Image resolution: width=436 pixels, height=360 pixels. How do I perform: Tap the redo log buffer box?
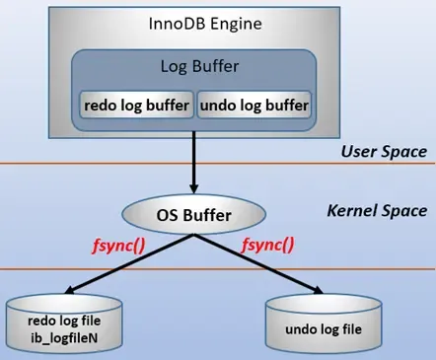coord(135,103)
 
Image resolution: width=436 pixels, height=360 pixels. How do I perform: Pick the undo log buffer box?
coord(254,103)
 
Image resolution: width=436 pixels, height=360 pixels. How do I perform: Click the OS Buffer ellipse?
coord(193,211)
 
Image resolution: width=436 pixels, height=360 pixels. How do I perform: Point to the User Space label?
coord(383,152)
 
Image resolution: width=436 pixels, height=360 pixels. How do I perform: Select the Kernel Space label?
coord(376,210)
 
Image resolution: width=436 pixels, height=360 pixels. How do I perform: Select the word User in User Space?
coord(358,152)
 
